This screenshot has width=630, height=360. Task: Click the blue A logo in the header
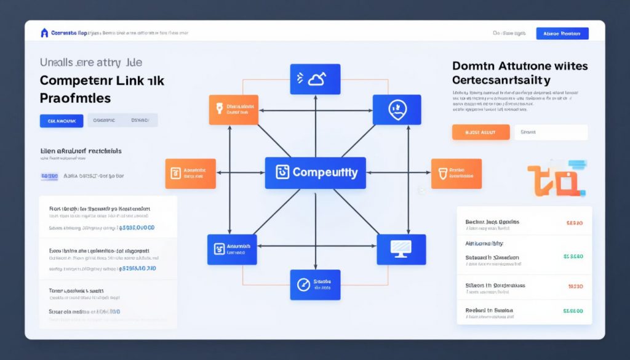pyautogui.click(x=44, y=33)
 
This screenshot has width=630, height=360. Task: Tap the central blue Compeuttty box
pyautogui.click(x=315, y=172)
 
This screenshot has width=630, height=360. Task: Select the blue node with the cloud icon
pyautogui.click(x=315, y=79)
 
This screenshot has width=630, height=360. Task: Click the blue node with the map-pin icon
pyautogui.click(x=396, y=110)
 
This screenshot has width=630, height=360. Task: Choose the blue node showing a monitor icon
pyautogui.click(x=401, y=249)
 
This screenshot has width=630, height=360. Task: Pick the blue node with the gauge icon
pyautogui.click(x=315, y=284)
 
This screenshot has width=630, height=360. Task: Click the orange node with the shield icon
pyautogui.click(x=456, y=173)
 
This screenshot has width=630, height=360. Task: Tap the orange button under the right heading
pyautogui.click(x=480, y=132)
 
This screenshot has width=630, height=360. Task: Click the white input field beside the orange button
pyautogui.click(x=551, y=132)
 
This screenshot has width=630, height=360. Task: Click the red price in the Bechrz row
pyautogui.click(x=573, y=223)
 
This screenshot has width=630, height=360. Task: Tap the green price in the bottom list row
pyautogui.click(x=573, y=311)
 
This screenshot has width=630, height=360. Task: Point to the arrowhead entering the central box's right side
pyautogui.click(x=369, y=173)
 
